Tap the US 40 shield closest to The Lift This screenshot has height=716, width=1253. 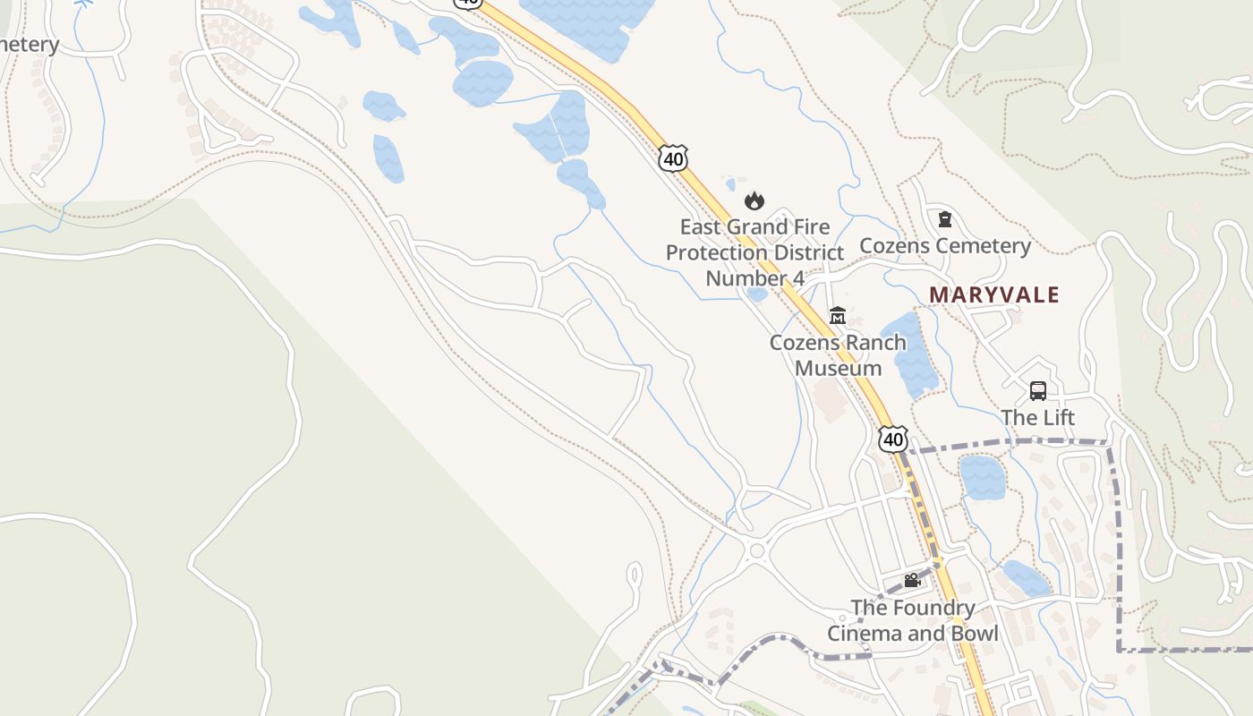click(x=892, y=439)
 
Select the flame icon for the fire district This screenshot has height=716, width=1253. click(x=754, y=201)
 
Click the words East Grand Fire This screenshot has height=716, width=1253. click(x=754, y=226)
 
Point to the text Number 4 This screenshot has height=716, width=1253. click(x=754, y=278)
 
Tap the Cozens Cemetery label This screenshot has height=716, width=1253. click(x=945, y=245)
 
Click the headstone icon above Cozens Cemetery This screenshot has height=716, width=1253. click(x=944, y=219)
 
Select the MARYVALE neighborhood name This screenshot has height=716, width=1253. click(x=993, y=294)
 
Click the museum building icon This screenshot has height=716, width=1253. click(x=838, y=315)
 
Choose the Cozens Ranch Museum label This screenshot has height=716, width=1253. click(x=838, y=354)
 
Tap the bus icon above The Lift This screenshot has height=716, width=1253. click(x=1038, y=391)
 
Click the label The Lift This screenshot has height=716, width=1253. click(x=1038, y=418)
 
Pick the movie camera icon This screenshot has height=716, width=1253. click(x=912, y=580)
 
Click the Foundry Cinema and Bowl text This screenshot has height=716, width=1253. click(x=912, y=620)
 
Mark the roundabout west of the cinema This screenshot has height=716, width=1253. click(x=757, y=550)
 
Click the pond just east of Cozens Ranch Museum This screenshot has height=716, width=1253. click(x=908, y=354)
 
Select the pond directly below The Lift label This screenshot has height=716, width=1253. click(x=982, y=477)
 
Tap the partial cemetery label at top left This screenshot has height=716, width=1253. click(x=29, y=45)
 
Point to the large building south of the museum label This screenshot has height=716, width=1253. click(x=831, y=400)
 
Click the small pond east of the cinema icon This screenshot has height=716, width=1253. click(x=1026, y=578)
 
